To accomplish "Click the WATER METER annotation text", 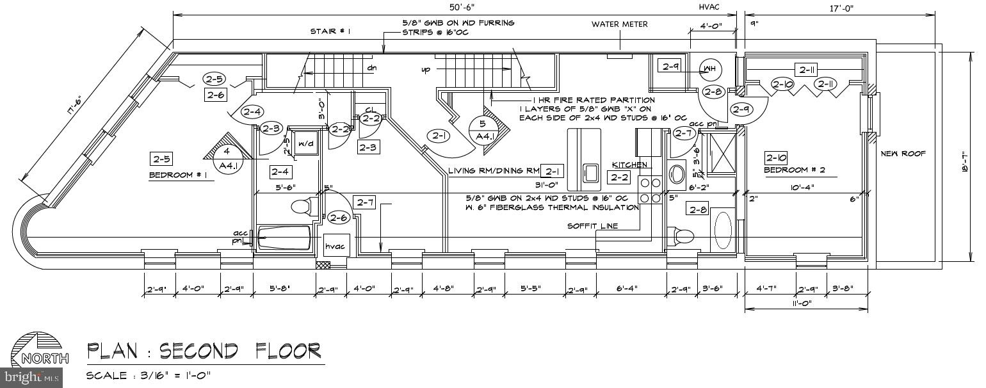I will tap(619, 24).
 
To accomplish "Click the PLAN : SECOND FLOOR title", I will tap(204, 351).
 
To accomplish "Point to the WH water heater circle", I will tap(709, 69).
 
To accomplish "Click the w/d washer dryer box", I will tap(305, 143).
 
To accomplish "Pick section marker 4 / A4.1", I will tap(225, 158).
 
